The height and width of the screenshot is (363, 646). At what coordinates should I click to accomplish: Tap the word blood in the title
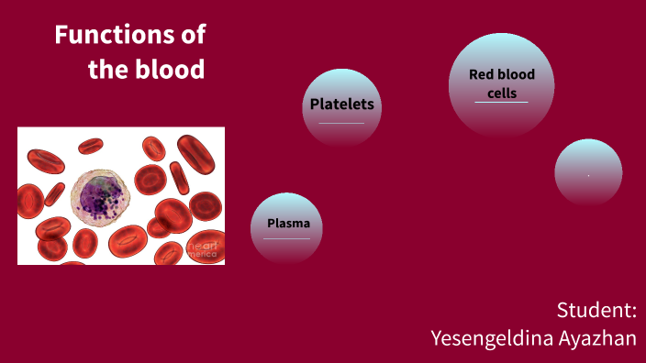point(172,70)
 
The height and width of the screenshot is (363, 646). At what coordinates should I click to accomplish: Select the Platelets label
point(342,104)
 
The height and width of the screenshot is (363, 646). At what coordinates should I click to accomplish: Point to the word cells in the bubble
point(502,93)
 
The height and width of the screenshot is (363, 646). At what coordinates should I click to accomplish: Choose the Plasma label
point(288,224)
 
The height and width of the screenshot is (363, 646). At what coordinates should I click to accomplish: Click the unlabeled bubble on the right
point(588,171)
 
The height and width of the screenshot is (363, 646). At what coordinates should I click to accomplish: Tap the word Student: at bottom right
point(596,310)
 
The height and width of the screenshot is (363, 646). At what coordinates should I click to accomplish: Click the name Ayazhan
point(597,338)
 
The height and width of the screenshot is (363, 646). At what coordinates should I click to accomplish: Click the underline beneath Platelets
point(342,123)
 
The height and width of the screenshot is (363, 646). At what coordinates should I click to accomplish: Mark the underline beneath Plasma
point(287,239)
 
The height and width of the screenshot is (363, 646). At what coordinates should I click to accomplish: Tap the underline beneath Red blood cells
point(501,103)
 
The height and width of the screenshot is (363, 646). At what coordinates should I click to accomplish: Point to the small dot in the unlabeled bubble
point(588,174)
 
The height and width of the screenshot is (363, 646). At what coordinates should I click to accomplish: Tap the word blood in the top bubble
point(518,75)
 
